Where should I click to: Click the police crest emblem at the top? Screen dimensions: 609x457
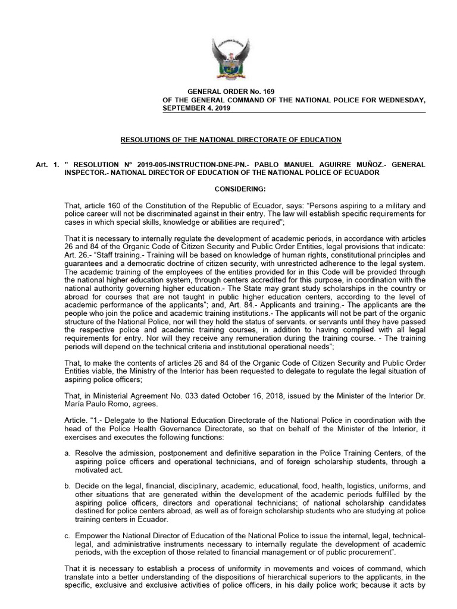click(229, 59)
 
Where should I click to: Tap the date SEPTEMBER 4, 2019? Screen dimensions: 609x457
click(197, 109)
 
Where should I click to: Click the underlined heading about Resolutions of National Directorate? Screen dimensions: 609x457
click(231, 139)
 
